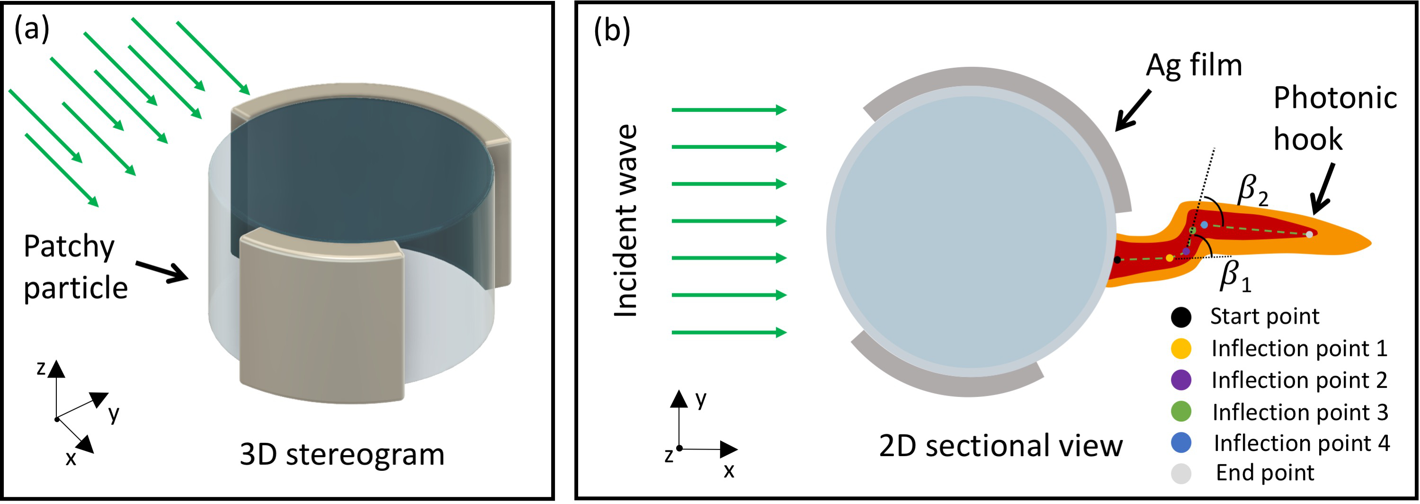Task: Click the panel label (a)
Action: (31, 29)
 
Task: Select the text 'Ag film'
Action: (1194, 66)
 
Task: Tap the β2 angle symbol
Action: (1252, 190)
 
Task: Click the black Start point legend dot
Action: (1181, 317)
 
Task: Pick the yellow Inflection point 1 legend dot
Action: (1181, 349)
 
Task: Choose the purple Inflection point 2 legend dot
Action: (1181, 380)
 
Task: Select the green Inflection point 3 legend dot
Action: (1181, 411)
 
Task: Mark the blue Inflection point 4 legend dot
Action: (1181, 443)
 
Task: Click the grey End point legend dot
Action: (1181, 473)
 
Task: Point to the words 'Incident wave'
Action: (625, 221)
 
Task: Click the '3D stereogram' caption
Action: (342, 455)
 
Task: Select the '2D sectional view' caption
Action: (1000, 446)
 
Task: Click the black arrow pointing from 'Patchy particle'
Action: (162, 271)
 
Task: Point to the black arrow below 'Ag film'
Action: (1133, 111)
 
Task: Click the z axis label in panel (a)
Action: (41, 368)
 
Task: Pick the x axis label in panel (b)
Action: (729, 471)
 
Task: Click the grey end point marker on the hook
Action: (1309, 234)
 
